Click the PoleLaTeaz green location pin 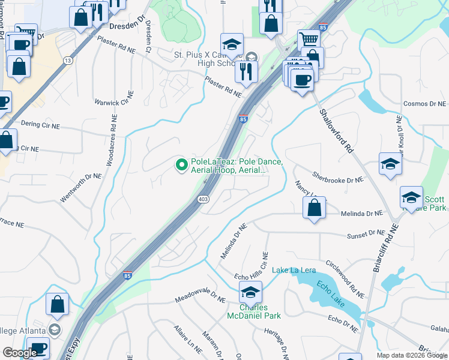[180, 164]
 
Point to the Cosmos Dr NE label [426, 104]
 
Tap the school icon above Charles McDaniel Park [250, 292]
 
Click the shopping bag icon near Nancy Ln [314, 208]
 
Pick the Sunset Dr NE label [367, 232]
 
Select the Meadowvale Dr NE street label [200, 295]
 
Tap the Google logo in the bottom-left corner [20, 353]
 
